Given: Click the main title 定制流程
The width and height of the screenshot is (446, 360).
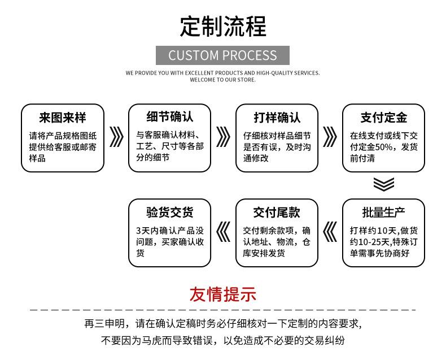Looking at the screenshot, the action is click(223, 26).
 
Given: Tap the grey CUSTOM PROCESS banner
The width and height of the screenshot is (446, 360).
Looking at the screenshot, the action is click(222, 55).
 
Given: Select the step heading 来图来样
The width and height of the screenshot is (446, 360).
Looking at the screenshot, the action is click(63, 118).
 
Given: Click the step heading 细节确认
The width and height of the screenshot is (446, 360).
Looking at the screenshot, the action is click(170, 117).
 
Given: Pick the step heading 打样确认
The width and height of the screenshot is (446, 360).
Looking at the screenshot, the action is click(277, 118).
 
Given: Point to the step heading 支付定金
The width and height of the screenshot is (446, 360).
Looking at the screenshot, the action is click(384, 118).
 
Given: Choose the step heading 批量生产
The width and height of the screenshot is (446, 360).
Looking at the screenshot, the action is click(384, 212).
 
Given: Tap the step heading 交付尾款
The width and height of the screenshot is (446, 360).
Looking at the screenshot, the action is click(277, 212).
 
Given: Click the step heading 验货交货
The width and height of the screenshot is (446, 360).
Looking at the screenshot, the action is click(170, 212).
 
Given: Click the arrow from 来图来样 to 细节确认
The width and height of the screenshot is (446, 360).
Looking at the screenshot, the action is click(117, 137).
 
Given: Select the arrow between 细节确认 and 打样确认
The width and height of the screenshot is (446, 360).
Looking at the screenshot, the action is click(224, 137).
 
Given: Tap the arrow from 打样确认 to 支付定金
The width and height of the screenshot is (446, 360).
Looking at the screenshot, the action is click(330, 137).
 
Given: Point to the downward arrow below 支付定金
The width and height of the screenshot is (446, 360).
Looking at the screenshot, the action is click(384, 184).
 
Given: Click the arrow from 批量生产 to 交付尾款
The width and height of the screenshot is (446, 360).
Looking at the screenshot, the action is click(330, 232).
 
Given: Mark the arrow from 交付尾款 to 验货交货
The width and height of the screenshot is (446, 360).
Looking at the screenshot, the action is click(224, 232).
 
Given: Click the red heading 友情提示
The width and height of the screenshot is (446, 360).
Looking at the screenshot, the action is click(223, 294).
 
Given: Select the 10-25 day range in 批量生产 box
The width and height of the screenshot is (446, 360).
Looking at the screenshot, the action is click(370, 242).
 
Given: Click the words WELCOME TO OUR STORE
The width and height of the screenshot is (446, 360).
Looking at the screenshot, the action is click(222, 80).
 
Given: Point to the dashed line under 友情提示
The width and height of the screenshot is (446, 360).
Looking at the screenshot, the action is click(223, 310).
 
